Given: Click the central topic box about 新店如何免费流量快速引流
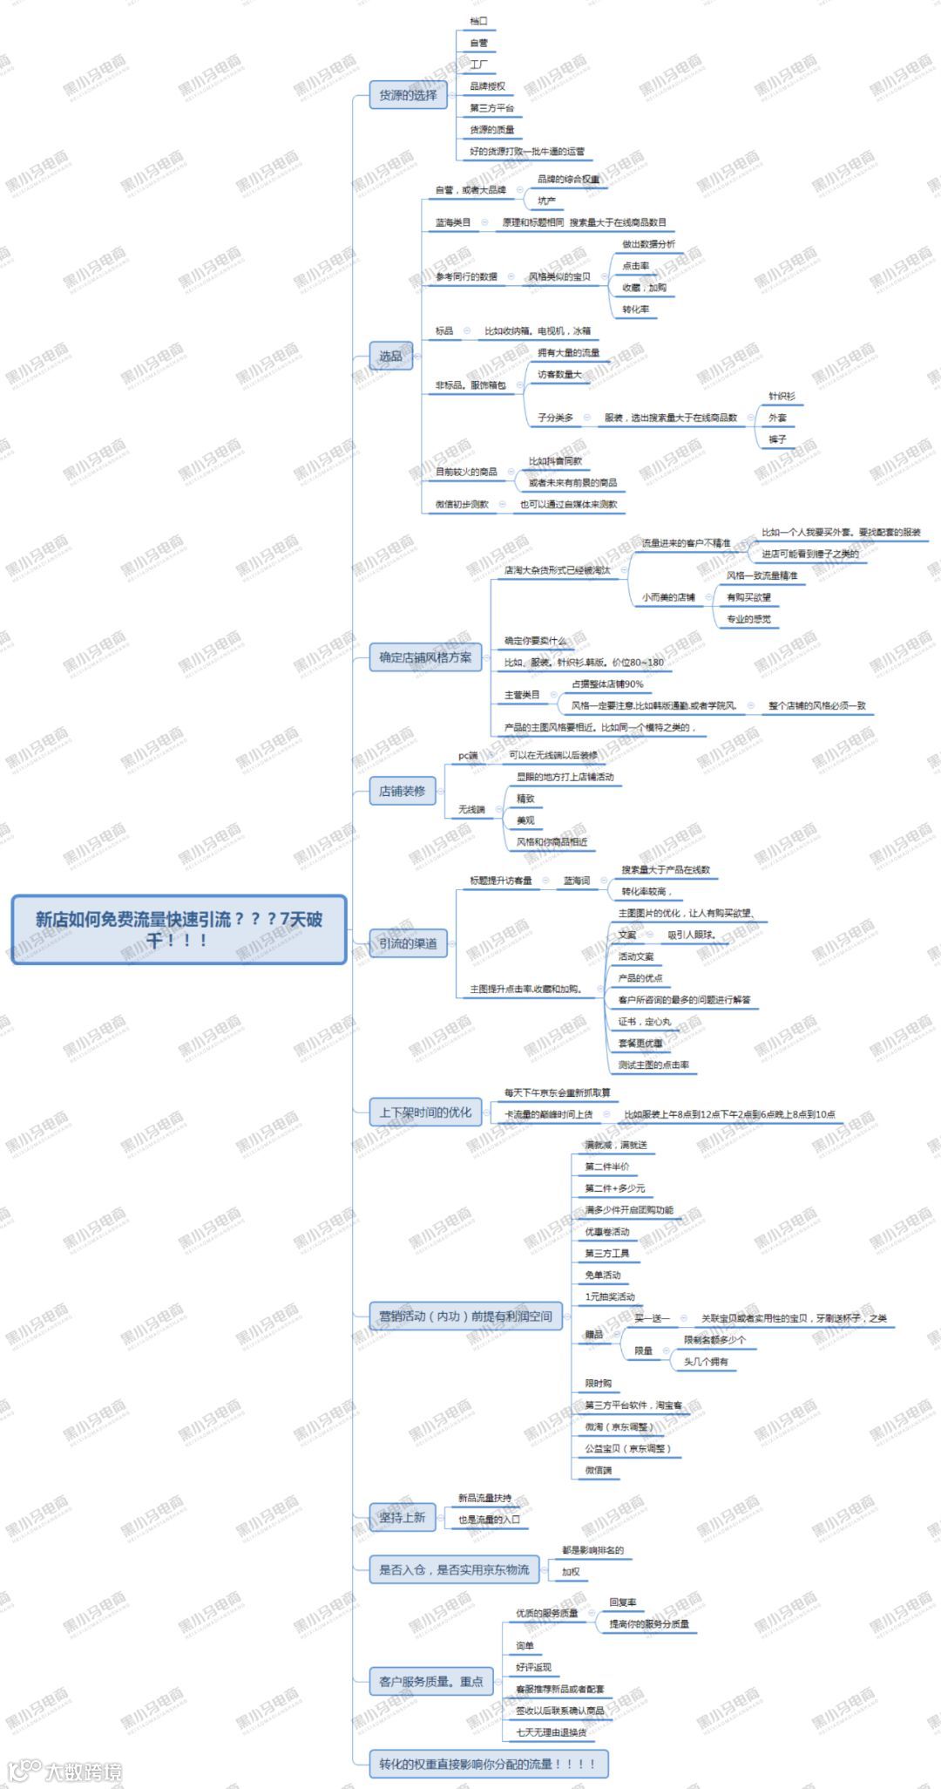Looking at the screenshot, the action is [x=179, y=929].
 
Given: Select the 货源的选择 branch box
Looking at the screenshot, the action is [x=408, y=95].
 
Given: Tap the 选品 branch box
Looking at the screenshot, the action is [x=390, y=356].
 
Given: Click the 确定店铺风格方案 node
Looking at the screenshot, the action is [x=424, y=657].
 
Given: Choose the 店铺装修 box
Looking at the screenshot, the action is [x=402, y=791].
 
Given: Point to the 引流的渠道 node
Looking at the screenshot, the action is [x=407, y=943].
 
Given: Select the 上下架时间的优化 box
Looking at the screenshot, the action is [x=424, y=1112].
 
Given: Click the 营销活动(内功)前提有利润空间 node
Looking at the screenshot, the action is [x=465, y=1316].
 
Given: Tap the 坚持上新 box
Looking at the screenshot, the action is [x=402, y=1517].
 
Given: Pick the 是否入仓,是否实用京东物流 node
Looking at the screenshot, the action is [x=453, y=1569].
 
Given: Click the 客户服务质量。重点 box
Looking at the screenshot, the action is [x=430, y=1681].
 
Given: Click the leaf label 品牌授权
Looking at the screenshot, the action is [x=487, y=86].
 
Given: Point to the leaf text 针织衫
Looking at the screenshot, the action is [x=781, y=396].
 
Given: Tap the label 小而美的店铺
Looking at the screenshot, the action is [x=668, y=597].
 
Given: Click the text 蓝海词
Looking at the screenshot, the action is [x=576, y=881].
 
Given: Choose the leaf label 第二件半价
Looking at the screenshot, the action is [x=606, y=1167].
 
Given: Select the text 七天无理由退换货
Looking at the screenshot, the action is [x=551, y=1732].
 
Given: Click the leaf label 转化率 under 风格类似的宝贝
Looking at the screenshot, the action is [x=635, y=310].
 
